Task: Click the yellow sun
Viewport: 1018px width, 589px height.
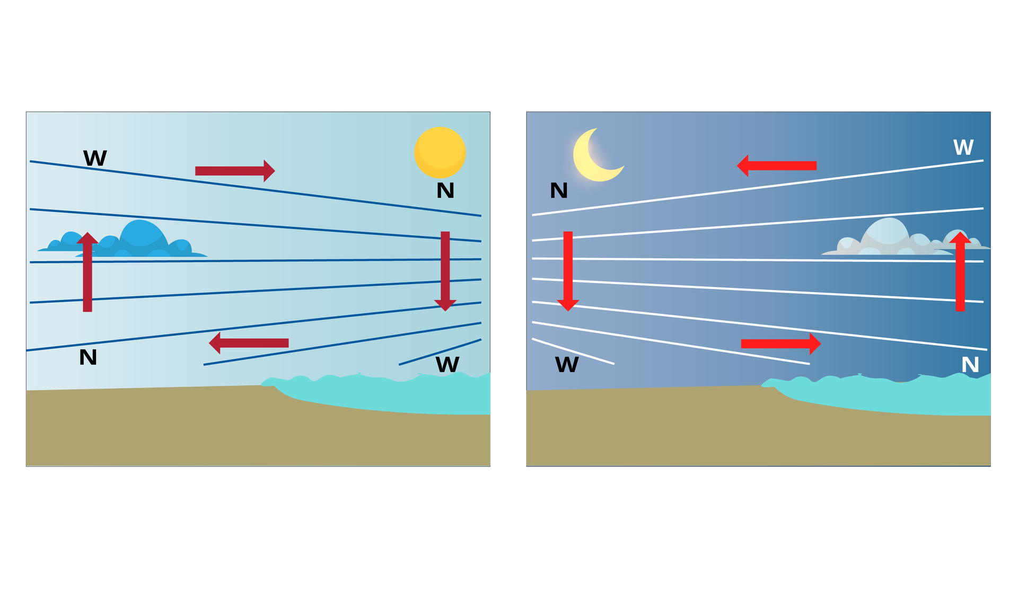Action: click(440, 153)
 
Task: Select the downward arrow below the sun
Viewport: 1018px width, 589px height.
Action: click(445, 271)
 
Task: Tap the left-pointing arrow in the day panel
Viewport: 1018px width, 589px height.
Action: click(249, 343)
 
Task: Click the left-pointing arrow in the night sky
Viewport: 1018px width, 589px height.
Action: click(777, 166)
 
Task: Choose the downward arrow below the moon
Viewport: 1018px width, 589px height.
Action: click(568, 271)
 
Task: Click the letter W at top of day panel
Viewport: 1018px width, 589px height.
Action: click(95, 158)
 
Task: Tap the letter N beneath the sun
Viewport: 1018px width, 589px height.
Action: click(445, 190)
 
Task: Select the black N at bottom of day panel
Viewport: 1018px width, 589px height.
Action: click(88, 357)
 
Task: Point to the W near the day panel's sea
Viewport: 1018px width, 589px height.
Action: click(447, 365)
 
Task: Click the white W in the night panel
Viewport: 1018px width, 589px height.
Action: click(963, 147)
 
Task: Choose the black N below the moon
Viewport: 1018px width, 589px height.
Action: click(559, 190)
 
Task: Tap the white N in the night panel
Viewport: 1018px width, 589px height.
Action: click(970, 365)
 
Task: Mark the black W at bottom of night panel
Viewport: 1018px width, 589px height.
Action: click(567, 365)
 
